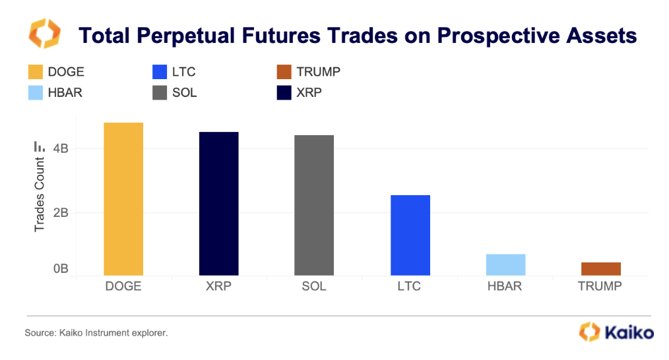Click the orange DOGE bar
pyautogui.click(x=123, y=198)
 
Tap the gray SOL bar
pyautogui.click(x=314, y=205)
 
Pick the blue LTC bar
pyautogui.click(x=410, y=235)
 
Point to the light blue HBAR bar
pyautogui.click(x=505, y=264)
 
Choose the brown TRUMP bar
pyautogui.click(x=600, y=268)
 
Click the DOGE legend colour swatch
pyautogui.click(x=35, y=73)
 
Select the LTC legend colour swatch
pyautogui.click(x=158, y=73)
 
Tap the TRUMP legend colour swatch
pyautogui.click(x=284, y=73)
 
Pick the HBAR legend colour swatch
pyautogui.click(x=35, y=92)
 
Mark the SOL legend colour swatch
pyautogui.click(x=158, y=92)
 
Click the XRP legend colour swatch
pyautogui.click(x=284, y=92)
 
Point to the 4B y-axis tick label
pyautogui.click(x=61, y=149)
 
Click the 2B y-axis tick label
pyautogui.click(x=61, y=213)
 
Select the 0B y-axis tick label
pyautogui.click(x=61, y=269)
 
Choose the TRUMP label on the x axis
pyautogui.click(x=600, y=287)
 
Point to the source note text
pyautogui.click(x=96, y=334)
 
